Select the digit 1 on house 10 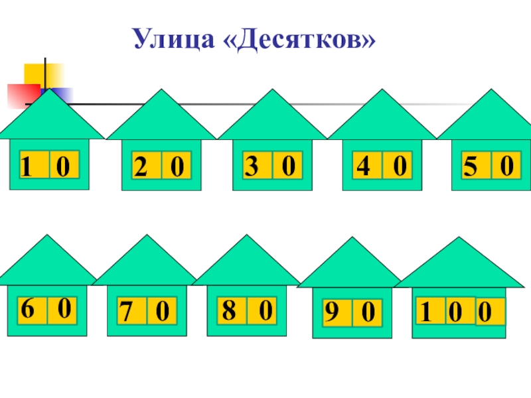[26, 166]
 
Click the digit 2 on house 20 [140, 166]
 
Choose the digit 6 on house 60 [27, 308]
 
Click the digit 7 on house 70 [125, 310]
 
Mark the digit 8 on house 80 [228, 310]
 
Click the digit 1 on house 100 [425, 310]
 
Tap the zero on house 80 [265, 310]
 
